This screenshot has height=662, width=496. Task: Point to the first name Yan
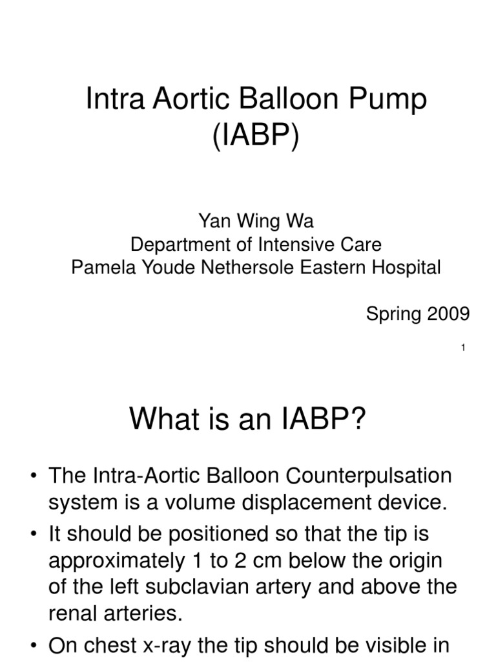[x=212, y=222]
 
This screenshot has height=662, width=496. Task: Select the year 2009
[x=446, y=314]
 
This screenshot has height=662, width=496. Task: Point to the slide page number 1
[x=464, y=349]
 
